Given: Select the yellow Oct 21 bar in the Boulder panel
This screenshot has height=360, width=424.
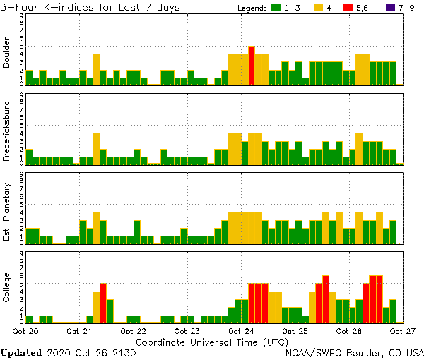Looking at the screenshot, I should tap(96, 69).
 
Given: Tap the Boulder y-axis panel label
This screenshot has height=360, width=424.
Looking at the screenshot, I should tap(7, 53).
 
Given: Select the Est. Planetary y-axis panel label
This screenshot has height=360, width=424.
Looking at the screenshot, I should tap(7, 211).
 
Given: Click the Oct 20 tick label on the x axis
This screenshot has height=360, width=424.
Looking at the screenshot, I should tap(25, 331).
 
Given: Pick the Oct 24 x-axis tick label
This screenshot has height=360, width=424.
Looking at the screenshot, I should tap(242, 331).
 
